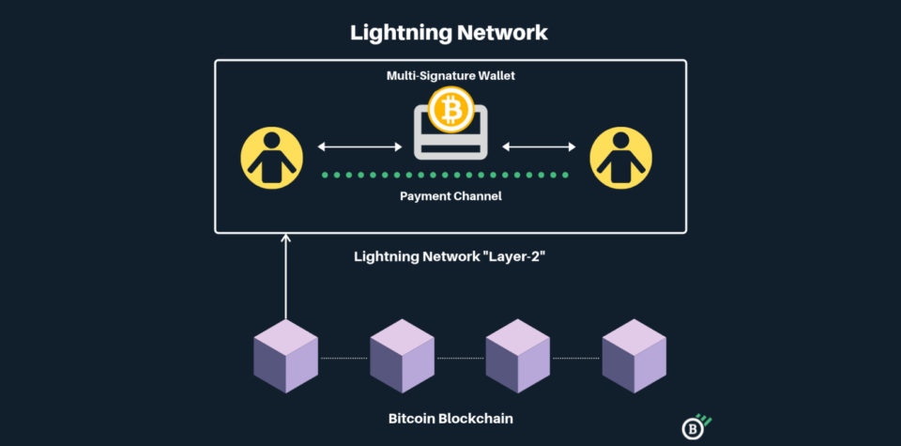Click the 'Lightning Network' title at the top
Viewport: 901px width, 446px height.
pyautogui.click(x=449, y=32)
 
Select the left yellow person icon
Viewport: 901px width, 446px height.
pyautogui.click(x=271, y=156)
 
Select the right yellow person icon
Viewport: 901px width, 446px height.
pyautogui.click(x=620, y=156)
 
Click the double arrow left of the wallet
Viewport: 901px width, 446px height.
pyautogui.click(x=359, y=146)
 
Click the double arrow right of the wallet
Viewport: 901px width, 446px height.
pyautogui.click(x=541, y=146)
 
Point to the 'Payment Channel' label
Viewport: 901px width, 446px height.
pyautogui.click(x=450, y=196)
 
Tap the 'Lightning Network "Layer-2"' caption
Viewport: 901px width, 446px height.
pyautogui.click(x=450, y=255)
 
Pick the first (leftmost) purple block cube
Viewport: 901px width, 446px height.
pyautogui.click(x=286, y=356)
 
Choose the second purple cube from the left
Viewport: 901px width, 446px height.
pyautogui.click(x=402, y=356)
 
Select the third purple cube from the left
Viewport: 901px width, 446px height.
pyautogui.click(x=517, y=356)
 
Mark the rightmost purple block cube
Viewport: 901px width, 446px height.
pyautogui.click(x=634, y=356)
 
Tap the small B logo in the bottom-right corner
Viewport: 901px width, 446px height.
pyautogui.click(x=694, y=427)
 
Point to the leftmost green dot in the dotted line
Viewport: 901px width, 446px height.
pyautogui.click(x=326, y=175)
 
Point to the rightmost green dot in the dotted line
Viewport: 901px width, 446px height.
pyautogui.click(x=565, y=175)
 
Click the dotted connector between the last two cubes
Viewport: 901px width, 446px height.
pyautogui.click(x=575, y=358)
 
